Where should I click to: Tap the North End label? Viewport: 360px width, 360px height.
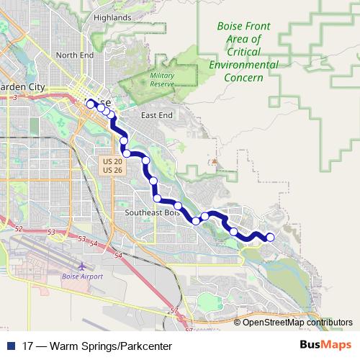[x=75, y=55]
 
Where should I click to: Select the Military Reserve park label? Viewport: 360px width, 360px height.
[x=162, y=79]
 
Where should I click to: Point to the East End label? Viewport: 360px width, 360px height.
[x=157, y=115]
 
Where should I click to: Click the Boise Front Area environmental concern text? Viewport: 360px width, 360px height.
[x=243, y=52]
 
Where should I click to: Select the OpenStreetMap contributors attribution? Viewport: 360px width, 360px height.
[x=297, y=322]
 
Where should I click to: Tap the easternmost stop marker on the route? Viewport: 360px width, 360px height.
[x=271, y=238]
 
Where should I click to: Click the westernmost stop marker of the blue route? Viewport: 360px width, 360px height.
[x=91, y=104]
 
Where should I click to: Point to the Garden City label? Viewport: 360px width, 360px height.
[x=22, y=87]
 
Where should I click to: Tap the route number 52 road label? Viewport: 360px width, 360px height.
[x=19, y=228]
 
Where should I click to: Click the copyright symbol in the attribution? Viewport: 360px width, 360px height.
[x=238, y=322]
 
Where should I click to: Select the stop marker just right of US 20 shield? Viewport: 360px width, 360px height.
[x=127, y=153]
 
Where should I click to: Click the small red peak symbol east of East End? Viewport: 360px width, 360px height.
[x=215, y=160]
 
